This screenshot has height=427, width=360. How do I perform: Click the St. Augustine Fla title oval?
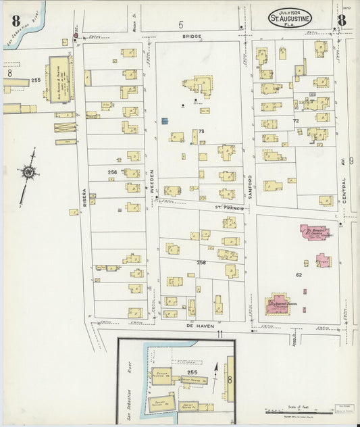coord(291,20)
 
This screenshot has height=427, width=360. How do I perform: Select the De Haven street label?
coord(178,324)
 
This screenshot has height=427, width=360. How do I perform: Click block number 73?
coord(201,131)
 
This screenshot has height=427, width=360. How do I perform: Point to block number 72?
coord(295,120)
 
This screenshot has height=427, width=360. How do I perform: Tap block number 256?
coord(112,172)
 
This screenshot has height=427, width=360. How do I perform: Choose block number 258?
coord(201,262)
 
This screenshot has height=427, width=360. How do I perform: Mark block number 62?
coord(298,275)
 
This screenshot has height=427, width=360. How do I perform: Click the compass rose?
coord(28,173)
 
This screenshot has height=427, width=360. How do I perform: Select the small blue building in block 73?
coord(165,121)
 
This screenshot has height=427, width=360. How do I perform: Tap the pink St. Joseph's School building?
coord(278,303)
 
